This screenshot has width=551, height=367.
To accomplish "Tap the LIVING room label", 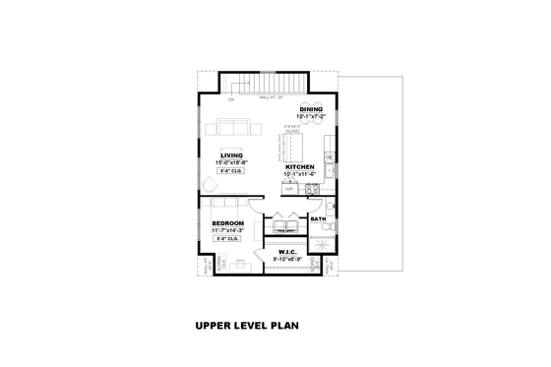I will pos(231,154).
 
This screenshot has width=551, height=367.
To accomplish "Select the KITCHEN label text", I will pos(300,167).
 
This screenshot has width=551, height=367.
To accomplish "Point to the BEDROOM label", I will pos(227,223).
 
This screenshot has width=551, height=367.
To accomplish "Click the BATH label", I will pos(318,218).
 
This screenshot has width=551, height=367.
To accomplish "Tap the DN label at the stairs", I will pos(231,99).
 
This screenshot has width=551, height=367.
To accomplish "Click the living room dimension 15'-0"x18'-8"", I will pos(231,161).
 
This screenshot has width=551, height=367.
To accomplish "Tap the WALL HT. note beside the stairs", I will pos(271,97).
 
